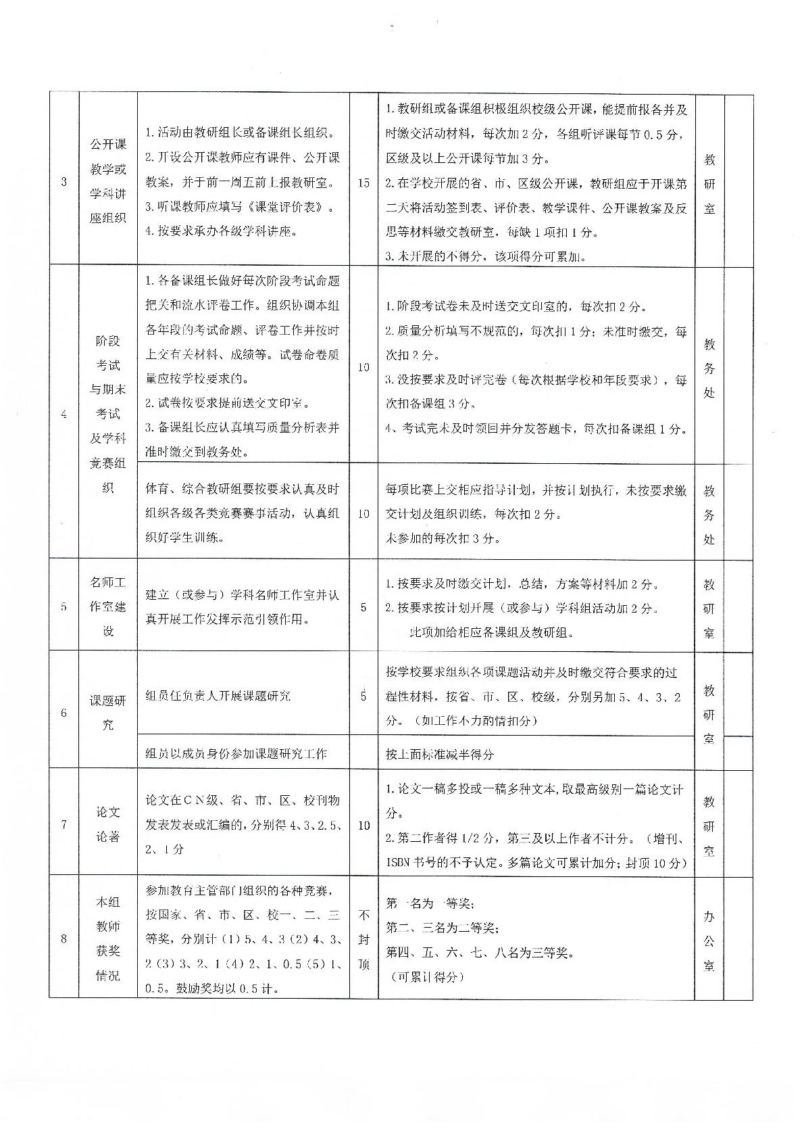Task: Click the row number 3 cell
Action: click(64, 182)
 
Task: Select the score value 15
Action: click(363, 183)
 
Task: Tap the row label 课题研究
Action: click(108, 713)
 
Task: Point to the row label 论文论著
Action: click(108, 824)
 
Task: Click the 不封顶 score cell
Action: click(363, 939)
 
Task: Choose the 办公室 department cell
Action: click(709, 941)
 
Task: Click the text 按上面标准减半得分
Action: click(440, 754)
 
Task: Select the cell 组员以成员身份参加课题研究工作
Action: click(236, 753)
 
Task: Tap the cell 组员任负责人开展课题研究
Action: click(218, 696)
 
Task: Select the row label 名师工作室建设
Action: click(108, 606)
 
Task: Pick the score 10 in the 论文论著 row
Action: click(363, 825)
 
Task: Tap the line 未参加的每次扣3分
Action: click(443, 538)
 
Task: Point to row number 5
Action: click(64, 607)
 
